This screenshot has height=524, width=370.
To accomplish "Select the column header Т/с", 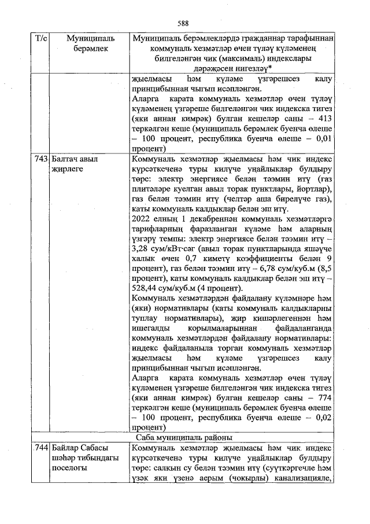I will (x=41, y=38).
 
